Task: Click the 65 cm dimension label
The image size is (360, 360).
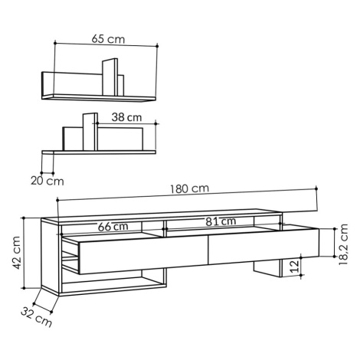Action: pyautogui.click(x=108, y=39)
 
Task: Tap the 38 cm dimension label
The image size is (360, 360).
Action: pyautogui.click(x=126, y=117)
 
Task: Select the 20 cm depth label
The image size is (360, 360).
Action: pyautogui.click(x=47, y=181)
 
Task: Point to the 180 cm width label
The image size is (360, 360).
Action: pyautogui.click(x=189, y=188)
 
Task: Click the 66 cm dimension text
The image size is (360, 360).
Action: pyautogui.click(x=113, y=227)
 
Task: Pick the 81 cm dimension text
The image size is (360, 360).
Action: pyautogui.click(x=221, y=221)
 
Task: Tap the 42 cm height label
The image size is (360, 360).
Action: pyautogui.click(x=17, y=253)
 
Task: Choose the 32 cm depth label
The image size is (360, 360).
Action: pyautogui.click(x=36, y=317)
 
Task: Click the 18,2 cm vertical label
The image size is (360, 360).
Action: pyautogui.click(x=343, y=244)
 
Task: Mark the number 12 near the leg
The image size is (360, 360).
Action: pyautogui.click(x=295, y=267)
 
